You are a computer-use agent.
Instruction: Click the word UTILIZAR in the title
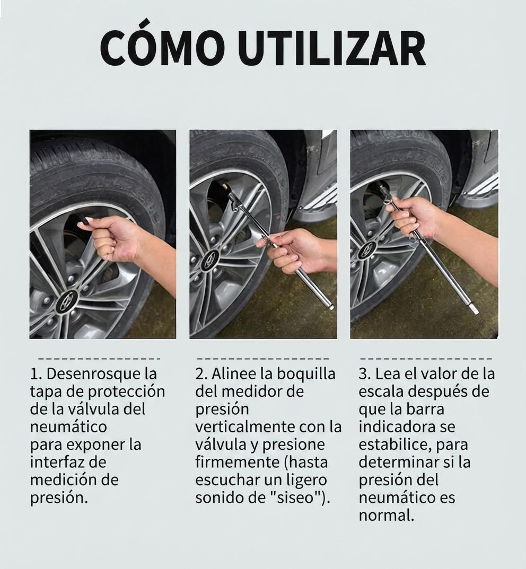pyautogui.click(x=331, y=48)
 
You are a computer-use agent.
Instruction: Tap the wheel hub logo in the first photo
pyautogui.click(x=67, y=300)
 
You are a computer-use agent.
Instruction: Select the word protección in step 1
pyautogui.click(x=126, y=392)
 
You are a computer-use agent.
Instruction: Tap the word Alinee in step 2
pyautogui.click(x=234, y=374)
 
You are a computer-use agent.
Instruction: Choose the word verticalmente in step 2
pyautogui.click(x=245, y=427)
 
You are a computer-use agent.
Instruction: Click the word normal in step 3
pyautogui.click(x=384, y=515)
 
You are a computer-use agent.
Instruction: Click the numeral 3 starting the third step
pyautogui.click(x=363, y=374)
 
